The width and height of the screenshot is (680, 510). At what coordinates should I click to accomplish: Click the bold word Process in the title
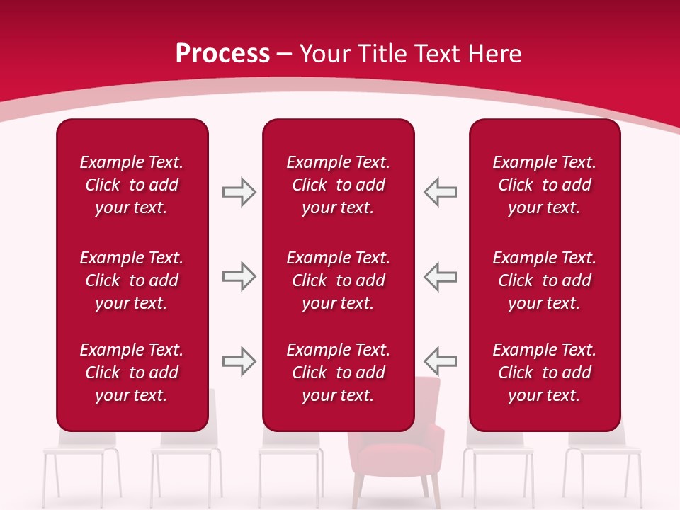pos(222,54)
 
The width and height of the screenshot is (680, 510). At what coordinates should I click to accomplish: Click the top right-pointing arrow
pos(239,192)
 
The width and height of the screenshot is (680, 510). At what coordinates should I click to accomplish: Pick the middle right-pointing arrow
pos(239,276)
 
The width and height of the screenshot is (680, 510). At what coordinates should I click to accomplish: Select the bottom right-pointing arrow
pos(239,361)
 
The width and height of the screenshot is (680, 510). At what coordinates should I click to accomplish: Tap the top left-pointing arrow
pos(440,192)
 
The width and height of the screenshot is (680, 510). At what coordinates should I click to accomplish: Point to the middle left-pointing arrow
pos(440,276)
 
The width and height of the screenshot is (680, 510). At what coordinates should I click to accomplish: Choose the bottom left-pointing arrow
pos(440,361)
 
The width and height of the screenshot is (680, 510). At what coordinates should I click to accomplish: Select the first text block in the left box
pos(132,185)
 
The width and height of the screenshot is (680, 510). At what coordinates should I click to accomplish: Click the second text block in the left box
pos(132,280)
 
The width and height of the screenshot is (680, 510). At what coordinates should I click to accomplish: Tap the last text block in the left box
pos(132,373)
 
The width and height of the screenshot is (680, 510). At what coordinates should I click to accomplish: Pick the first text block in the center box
pos(338,185)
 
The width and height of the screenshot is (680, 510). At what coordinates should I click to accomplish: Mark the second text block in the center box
pos(338,280)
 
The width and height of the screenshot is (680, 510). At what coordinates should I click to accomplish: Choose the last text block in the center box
pos(338,373)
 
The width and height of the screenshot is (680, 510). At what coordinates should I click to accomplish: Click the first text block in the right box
pos(544,185)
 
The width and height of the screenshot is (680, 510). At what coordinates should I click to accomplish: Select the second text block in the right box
pos(544,280)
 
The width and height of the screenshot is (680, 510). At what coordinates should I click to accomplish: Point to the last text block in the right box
pos(544,373)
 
